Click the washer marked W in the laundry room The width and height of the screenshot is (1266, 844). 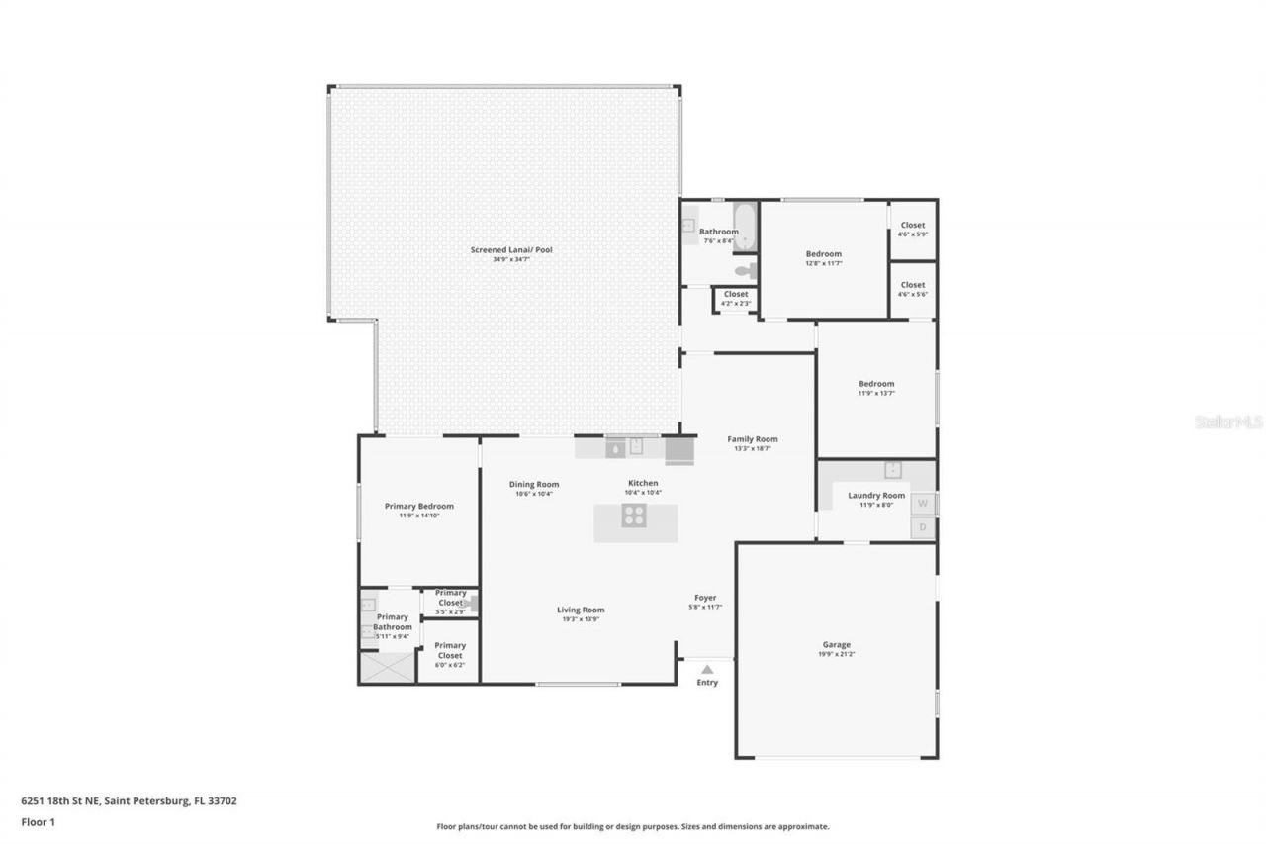[923, 503]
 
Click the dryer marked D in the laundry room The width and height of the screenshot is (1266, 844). [923, 527]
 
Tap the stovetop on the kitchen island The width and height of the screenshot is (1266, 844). [634, 516]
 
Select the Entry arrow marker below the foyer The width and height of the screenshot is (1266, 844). [707, 670]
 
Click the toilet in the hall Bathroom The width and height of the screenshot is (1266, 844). [745, 270]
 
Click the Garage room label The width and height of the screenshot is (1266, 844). [836, 644]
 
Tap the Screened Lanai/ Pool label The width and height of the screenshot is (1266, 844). [510, 250]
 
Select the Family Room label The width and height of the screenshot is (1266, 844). [753, 439]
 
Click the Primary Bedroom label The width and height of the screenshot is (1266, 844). [419, 506]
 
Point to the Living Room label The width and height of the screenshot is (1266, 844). [581, 610]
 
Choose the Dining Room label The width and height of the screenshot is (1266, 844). [534, 484]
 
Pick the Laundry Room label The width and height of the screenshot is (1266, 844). [879, 495]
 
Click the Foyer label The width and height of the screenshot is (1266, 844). [705, 597]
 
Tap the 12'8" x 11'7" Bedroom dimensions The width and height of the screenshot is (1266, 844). [823, 263]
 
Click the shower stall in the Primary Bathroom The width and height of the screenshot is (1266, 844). [386, 668]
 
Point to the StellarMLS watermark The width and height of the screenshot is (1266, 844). [1228, 422]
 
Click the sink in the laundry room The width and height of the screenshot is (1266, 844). [892, 469]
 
